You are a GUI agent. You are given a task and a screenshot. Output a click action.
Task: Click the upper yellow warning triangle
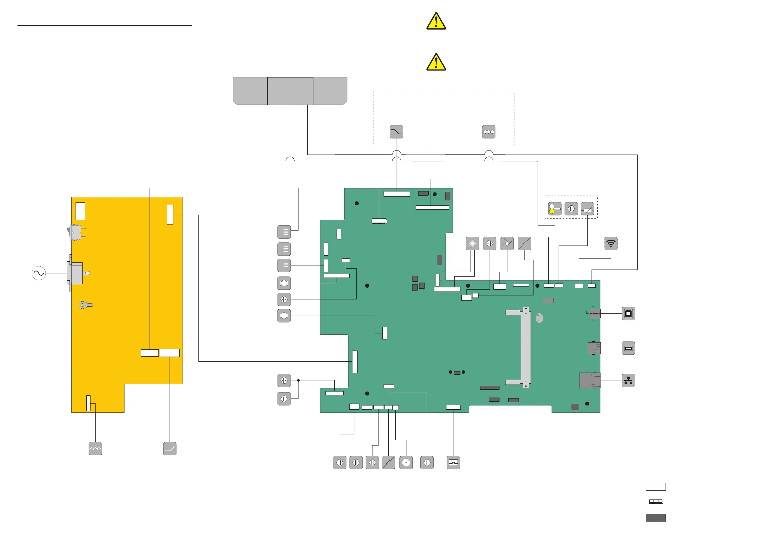coord(436,22)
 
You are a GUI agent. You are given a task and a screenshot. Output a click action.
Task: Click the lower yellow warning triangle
coord(436,62)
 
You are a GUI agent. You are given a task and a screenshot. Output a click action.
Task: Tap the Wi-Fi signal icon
coord(611,244)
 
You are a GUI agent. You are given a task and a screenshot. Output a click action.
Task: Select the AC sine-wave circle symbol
coord(39,273)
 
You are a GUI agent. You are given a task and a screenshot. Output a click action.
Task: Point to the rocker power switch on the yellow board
coord(75,232)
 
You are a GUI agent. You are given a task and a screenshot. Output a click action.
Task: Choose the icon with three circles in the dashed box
coord(488,132)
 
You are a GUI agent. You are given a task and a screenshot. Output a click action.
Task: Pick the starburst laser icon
coord(472,244)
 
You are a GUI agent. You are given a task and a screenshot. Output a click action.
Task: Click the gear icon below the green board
coord(406,463)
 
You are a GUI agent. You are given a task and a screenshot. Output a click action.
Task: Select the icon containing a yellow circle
coord(555,209)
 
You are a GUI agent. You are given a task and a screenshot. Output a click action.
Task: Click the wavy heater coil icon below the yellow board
coord(95,449)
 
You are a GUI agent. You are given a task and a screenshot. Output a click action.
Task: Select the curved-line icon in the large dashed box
coord(396,132)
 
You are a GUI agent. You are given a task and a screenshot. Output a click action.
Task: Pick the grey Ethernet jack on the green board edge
coord(590,380)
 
